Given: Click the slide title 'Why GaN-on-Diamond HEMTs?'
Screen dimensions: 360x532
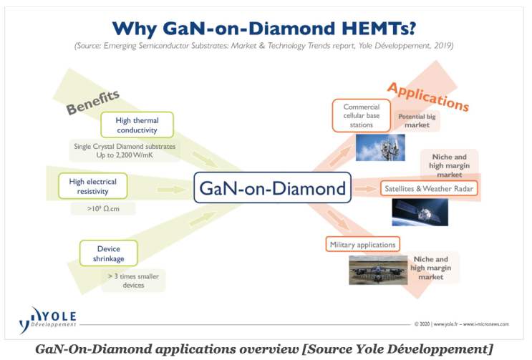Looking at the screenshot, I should coord(266,28).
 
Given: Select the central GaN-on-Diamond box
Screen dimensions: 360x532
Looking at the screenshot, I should coord(272,189).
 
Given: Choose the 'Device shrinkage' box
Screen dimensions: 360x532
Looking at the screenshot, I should coord(108,253).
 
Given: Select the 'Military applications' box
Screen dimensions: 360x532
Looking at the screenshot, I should coord(362,244).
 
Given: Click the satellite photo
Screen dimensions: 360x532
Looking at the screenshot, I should coord(420,213).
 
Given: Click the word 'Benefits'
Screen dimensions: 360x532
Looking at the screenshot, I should coord(92,101).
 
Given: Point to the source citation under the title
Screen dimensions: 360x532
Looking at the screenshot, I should coord(266,47).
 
